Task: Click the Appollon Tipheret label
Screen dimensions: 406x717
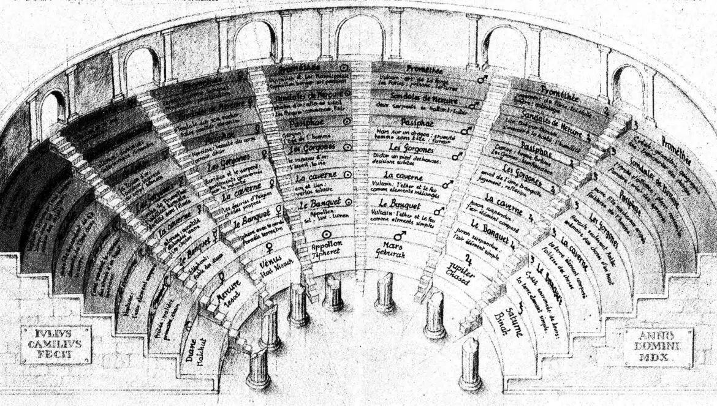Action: tap(326, 249)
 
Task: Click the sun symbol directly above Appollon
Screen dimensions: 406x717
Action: tap(327, 233)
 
